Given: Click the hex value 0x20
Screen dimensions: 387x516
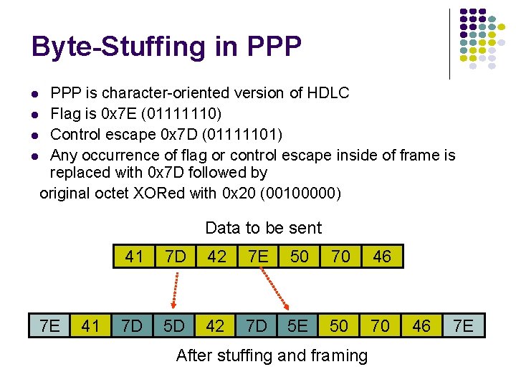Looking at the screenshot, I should (241, 193).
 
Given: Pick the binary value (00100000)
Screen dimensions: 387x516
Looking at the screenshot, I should (302, 193).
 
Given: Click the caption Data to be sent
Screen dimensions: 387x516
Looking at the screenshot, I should (263, 228).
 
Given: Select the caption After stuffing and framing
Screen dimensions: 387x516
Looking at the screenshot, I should (272, 355).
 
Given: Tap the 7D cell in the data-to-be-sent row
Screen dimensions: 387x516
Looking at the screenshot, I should (175, 257).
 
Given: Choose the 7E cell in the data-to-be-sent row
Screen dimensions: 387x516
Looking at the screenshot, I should (258, 257).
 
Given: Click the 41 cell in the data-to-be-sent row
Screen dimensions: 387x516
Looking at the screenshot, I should (134, 257).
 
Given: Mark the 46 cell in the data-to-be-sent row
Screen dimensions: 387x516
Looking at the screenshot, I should (382, 257).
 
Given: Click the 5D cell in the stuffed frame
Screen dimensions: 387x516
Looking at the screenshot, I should (174, 325).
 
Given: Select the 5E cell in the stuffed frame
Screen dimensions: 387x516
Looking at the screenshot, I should (298, 325).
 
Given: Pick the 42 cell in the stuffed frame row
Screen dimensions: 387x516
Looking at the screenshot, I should (215, 325).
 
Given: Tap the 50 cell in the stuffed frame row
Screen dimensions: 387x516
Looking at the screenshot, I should (339, 325).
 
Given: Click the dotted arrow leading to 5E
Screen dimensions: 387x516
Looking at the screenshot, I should (276, 290).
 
